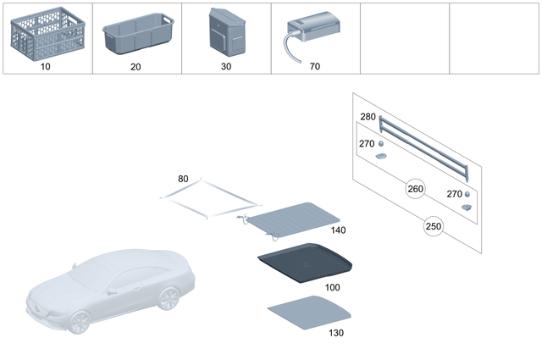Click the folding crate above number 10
pos(45,34)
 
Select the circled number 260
pos(416,188)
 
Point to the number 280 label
pos(368,116)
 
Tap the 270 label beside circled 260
pos(454,194)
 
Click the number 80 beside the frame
pos(184,179)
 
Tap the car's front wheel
pos(80,323)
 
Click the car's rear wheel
pos(169,298)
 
